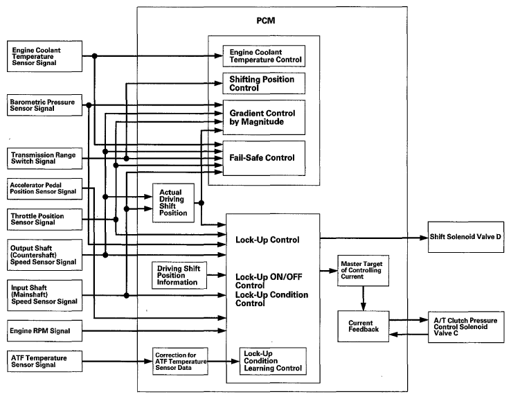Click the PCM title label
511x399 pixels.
(x=266, y=21)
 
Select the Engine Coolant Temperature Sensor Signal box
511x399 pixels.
(x=44, y=56)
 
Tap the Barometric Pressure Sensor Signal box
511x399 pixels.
(x=44, y=105)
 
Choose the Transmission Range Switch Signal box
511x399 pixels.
(x=44, y=159)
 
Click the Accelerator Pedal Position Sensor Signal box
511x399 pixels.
(x=44, y=188)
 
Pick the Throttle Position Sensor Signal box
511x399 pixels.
(x=44, y=220)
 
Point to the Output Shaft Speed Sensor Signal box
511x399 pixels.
(x=44, y=255)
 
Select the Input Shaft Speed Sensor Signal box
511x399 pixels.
(x=44, y=295)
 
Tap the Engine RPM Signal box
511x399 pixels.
(x=44, y=331)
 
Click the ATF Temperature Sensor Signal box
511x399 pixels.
(x=44, y=361)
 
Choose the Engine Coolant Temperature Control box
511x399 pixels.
(x=264, y=56)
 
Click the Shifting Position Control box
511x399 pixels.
(x=264, y=83)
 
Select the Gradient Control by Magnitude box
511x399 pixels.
(x=264, y=117)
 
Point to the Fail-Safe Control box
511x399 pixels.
(x=264, y=158)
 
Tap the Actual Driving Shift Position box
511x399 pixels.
(x=173, y=203)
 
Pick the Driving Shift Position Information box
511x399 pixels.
(x=179, y=276)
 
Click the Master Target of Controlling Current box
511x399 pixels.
(x=363, y=271)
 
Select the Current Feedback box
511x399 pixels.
(x=363, y=326)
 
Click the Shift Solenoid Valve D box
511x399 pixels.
(x=466, y=237)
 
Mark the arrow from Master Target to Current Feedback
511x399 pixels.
(x=363, y=299)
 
